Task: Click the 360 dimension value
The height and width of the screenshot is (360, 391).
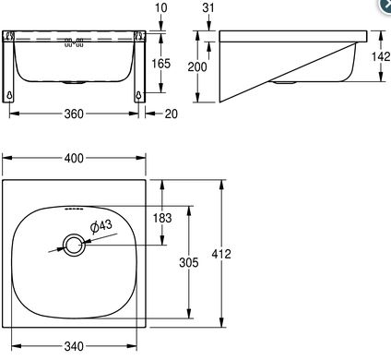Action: click(x=74, y=114)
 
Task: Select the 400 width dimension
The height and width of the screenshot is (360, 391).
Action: click(x=74, y=158)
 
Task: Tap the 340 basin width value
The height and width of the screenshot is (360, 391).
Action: click(x=74, y=346)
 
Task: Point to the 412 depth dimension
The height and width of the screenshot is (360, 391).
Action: click(x=221, y=254)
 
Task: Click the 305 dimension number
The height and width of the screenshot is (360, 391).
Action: click(x=189, y=262)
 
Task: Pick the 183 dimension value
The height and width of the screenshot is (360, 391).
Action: click(x=162, y=218)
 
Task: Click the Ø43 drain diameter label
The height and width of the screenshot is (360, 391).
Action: click(x=101, y=226)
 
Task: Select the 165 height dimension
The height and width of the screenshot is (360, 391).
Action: click(x=161, y=64)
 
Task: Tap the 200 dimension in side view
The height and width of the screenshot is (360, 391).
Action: click(x=197, y=66)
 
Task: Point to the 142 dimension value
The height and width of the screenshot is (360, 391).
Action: click(x=381, y=56)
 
